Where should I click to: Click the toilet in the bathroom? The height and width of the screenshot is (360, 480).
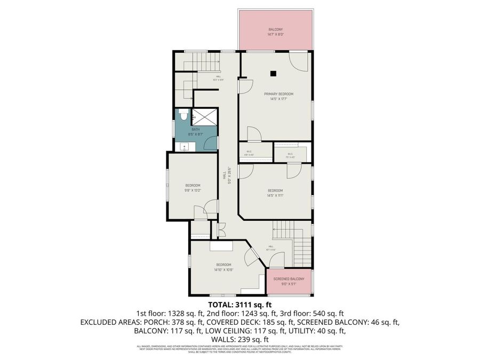182,115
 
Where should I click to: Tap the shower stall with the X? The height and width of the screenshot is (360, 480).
205,116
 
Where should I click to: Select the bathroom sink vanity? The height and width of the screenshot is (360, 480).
184,147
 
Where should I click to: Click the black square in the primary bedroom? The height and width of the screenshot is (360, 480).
273,73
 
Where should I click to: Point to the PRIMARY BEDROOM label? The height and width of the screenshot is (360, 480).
278,94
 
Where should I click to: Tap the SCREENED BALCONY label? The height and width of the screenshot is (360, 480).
289,279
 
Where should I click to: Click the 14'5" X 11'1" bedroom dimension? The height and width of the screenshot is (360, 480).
275,196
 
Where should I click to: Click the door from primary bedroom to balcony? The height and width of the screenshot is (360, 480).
299,61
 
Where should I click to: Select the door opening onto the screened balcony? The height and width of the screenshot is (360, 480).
277,261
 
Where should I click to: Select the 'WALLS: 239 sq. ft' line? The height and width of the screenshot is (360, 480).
239,339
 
